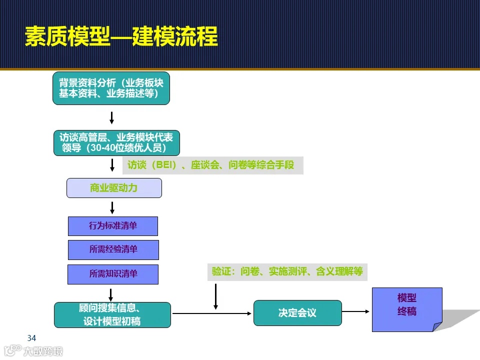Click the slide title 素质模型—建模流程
tap(121, 36)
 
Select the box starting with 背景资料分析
tap(111, 88)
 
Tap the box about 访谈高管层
tap(116, 143)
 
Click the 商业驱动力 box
tap(114, 188)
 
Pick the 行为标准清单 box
tap(113, 226)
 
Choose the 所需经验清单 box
tap(113, 249)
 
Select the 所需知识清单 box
tap(113, 274)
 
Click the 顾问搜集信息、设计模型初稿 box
tap(112, 314)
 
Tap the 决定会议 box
tap(297, 313)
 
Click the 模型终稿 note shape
tap(406, 306)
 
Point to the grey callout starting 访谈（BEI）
tap(212, 165)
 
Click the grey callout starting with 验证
tap(287, 271)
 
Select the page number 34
tap(31, 338)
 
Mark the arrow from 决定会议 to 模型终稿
tap(356, 312)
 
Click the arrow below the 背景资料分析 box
tap(112, 117)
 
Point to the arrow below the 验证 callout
tap(215, 296)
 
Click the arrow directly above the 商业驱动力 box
tap(112, 165)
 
